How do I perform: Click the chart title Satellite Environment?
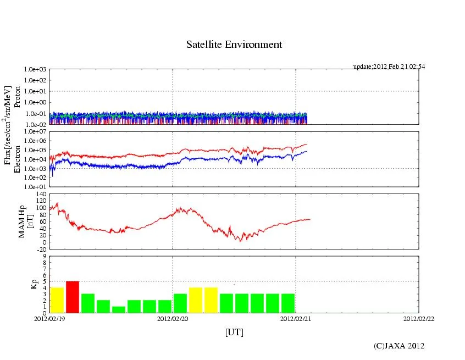point(234,45)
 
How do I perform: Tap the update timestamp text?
point(389,67)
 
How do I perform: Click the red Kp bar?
point(73,297)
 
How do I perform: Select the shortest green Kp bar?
point(119,309)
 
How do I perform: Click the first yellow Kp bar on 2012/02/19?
point(57,300)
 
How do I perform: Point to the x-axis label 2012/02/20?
point(173,319)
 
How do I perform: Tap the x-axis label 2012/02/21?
point(296,319)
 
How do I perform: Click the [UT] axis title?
point(234,332)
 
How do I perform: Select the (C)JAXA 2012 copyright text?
point(399,346)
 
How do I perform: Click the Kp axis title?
point(33,284)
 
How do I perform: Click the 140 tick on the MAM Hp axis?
point(40,195)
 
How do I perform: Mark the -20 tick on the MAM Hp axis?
point(40,248)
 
